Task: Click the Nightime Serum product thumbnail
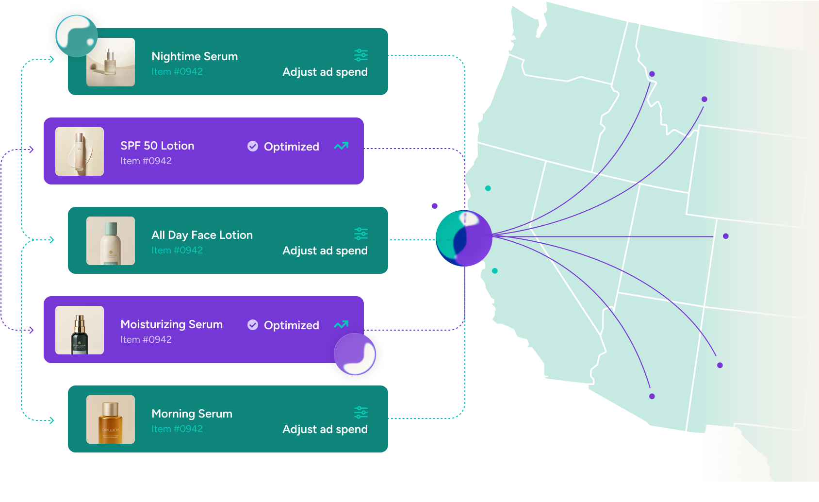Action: tap(111, 62)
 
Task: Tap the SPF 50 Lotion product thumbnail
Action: tap(80, 151)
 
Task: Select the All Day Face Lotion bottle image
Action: tap(111, 241)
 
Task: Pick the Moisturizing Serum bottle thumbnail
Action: tap(80, 330)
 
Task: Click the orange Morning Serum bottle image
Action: tap(111, 419)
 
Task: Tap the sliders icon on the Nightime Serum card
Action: tap(361, 55)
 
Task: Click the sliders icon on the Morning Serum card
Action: tap(361, 413)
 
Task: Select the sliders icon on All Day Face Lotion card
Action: tap(361, 234)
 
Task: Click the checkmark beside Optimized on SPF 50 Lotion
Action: tap(253, 146)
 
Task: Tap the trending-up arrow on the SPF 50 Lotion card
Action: tap(341, 146)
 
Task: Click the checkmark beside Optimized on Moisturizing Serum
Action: tap(253, 325)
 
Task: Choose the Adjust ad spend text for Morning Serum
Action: tap(325, 429)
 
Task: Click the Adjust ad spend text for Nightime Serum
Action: tap(325, 72)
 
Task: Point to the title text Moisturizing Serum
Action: tap(172, 324)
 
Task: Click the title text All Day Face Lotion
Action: tap(202, 235)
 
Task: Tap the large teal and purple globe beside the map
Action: tap(464, 238)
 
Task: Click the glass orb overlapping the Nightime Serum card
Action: tap(76, 36)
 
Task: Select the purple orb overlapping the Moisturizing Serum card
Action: tap(355, 354)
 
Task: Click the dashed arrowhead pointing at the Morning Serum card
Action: tap(51, 420)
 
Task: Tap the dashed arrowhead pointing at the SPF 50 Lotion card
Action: tap(32, 150)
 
